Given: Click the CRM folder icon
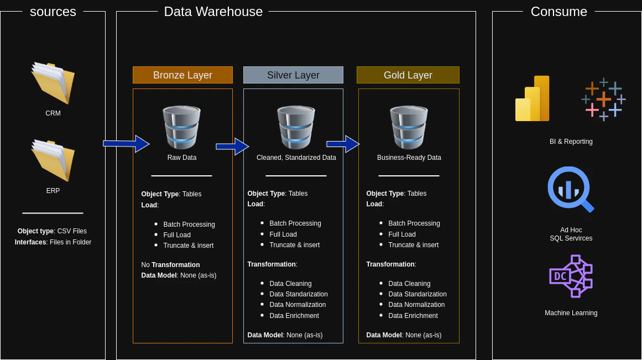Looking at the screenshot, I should (x=53, y=82).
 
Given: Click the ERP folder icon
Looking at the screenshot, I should (x=53, y=160).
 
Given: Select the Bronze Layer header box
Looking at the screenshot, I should (x=182, y=75).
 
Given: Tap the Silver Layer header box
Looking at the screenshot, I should (x=293, y=75).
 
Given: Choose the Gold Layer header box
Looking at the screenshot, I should (x=408, y=75).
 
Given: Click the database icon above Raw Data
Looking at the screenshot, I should (x=181, y=128).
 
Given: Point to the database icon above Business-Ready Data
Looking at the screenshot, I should (x=409, y=128).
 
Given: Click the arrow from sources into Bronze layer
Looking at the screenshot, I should (x=126, y=144).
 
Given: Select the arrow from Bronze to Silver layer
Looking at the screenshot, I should (x=232, y=147).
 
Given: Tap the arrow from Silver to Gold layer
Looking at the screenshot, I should (x=343, y=144).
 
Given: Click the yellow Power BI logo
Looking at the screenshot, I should (x=533, y=98).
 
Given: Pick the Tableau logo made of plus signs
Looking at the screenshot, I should (x=603, y=100).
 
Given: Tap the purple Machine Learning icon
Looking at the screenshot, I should (x=571, y=276).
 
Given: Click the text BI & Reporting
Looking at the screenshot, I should (x=571, y=142).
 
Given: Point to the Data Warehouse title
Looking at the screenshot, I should (x=213, y=12).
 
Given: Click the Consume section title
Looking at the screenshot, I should (x=559, y=12).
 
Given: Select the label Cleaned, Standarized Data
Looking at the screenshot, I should (x=296, y=158).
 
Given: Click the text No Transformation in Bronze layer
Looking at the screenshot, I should (x=170, y=265).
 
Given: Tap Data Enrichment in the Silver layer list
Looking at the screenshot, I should (x=294, y=316).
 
